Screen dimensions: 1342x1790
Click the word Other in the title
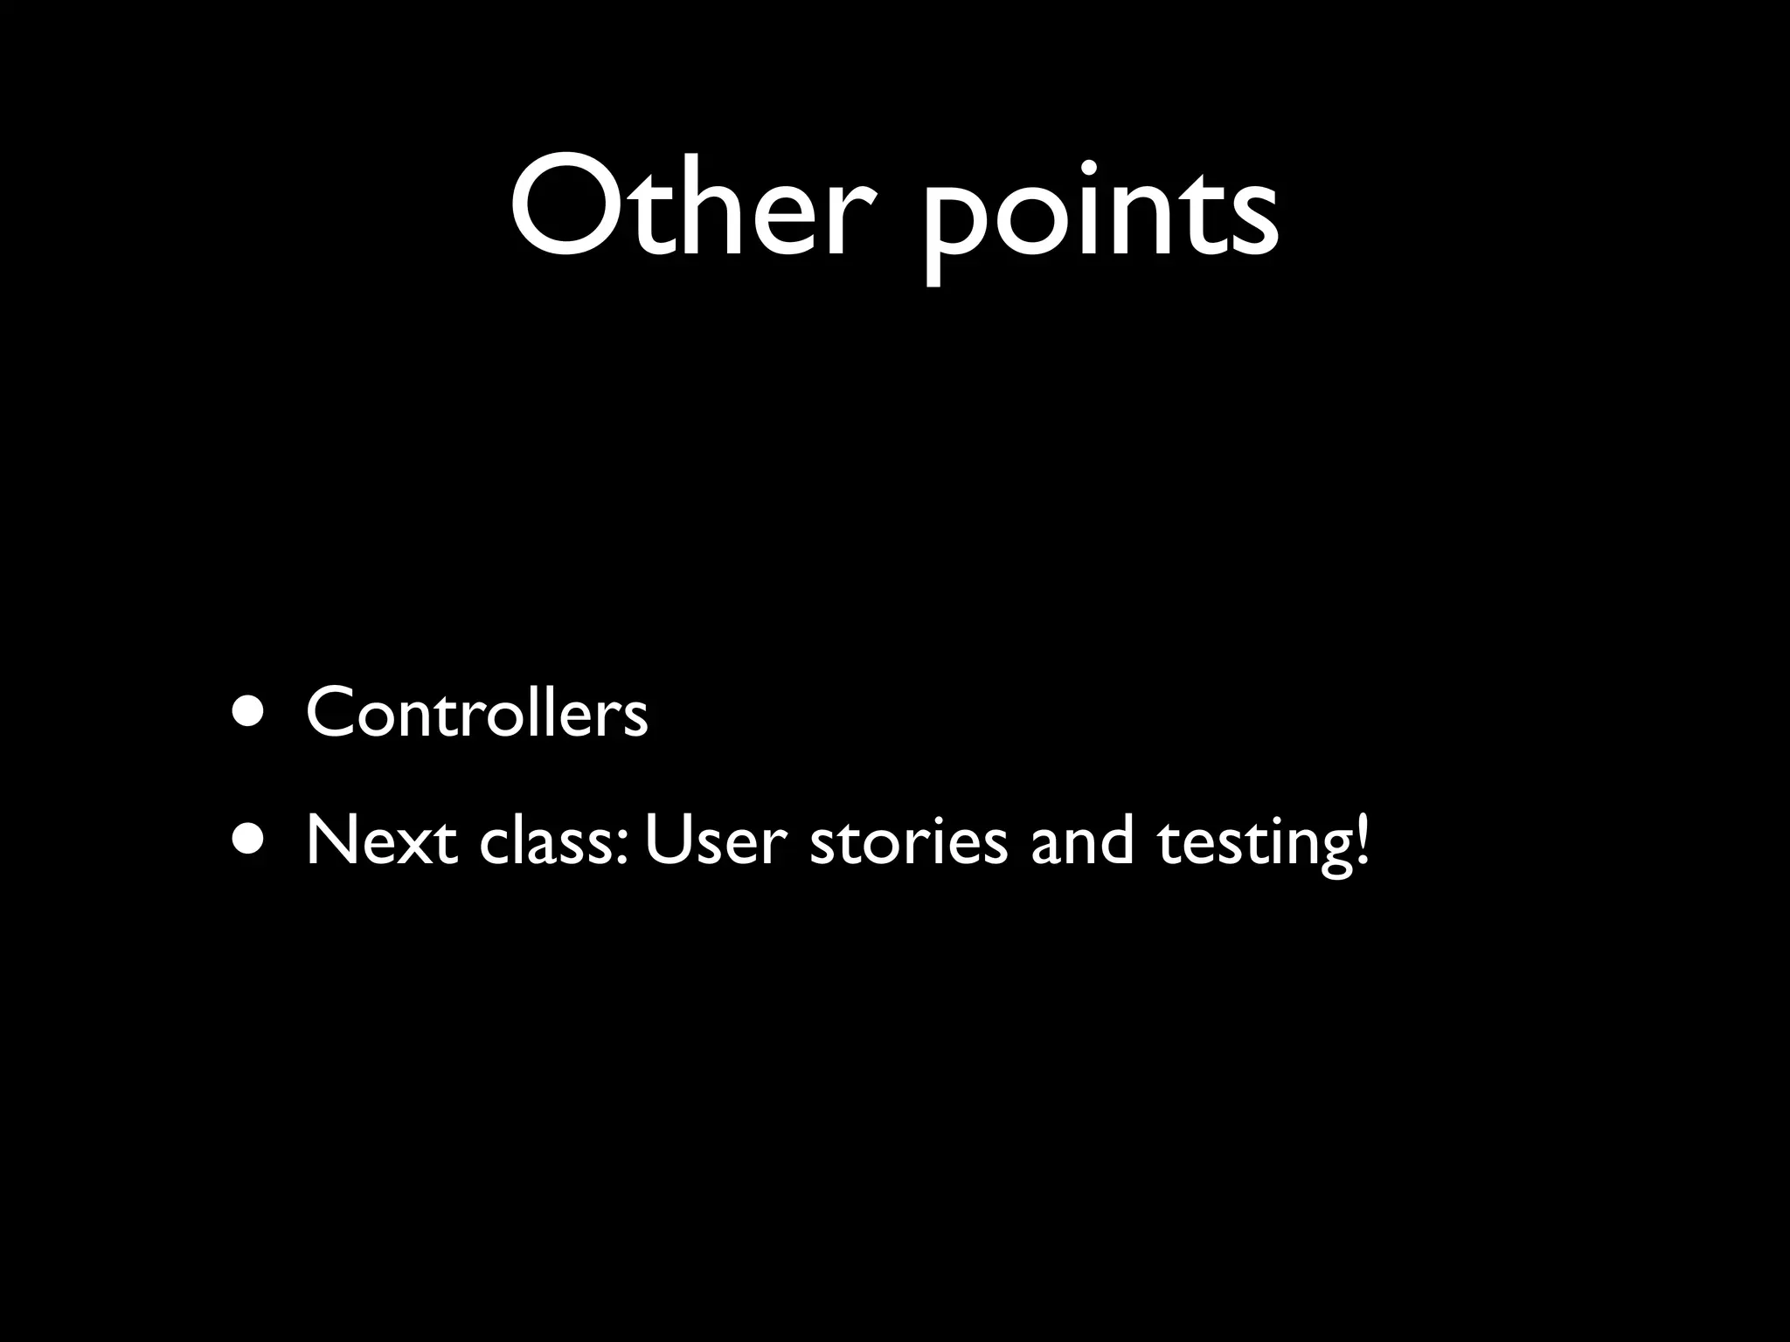tap(690, 210)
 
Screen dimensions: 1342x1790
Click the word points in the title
tap(1101, 214)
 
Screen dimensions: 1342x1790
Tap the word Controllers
tap(477, 713)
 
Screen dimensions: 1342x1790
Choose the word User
tap(716, 840)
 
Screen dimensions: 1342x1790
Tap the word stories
tap(909, 840)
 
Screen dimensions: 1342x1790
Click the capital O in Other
tap(564, 208)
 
